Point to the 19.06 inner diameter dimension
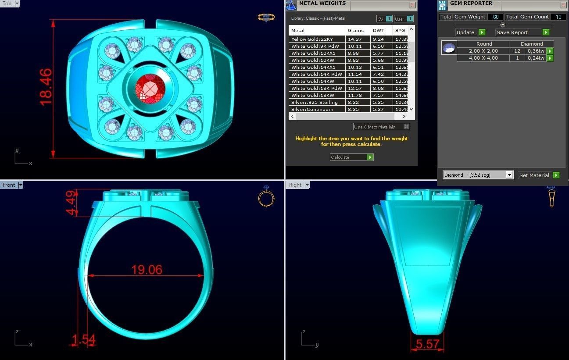coord(147,269)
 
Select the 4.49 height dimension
coord(71,203)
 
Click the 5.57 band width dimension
coord(427,344)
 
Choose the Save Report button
coord(522,32)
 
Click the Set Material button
coord(538,175)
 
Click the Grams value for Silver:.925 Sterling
coord(355,103)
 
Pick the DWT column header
coord(378,31)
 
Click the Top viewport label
coord(7,4)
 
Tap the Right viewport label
coord(295,185)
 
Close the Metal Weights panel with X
coord(412,5)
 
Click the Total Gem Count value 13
coord(558,17)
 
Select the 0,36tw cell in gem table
coord(536,51)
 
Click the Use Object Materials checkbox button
coord(406,127)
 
